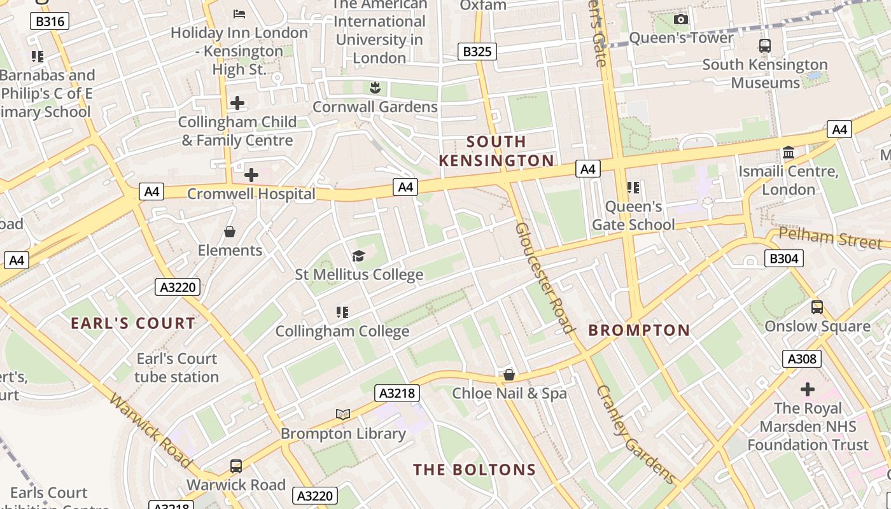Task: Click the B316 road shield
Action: point(50,22)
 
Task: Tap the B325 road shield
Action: point(477,52)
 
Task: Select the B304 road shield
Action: point(783,258)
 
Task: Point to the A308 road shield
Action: point(801,359)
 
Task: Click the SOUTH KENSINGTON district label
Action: point(496,151)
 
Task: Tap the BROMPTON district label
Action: point(639,330)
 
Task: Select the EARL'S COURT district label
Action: point(133,323)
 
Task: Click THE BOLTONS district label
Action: point(475,470)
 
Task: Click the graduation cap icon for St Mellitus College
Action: point(359,256)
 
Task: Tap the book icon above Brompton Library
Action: point(343,414)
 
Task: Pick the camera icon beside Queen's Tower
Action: point(680,20)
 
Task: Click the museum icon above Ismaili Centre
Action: point(789,153)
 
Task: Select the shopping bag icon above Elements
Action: point(230,232)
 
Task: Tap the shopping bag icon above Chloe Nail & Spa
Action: point(509,375)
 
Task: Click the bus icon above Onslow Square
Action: point(817,307)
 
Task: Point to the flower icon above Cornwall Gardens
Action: point(375,88)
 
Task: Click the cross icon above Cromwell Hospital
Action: point(251,174)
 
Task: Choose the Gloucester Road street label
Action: point(544,277)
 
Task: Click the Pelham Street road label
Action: point(831,238)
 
